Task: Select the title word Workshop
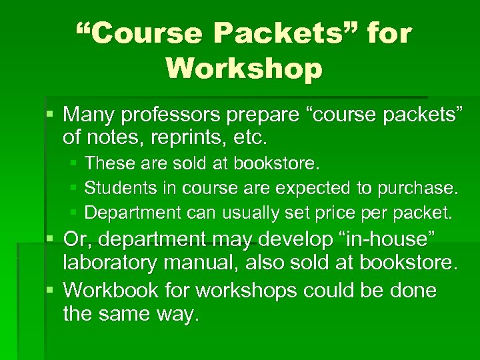pyautogui.click(x=244, y=67)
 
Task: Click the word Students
pyautogui.click(x=117, y=188)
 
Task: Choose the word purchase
pyautogui.click(x=418, y=188)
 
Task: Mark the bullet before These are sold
pyautogui.click(x=74, y=163)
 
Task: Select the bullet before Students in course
pyautogui.click(x=74, y=188)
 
